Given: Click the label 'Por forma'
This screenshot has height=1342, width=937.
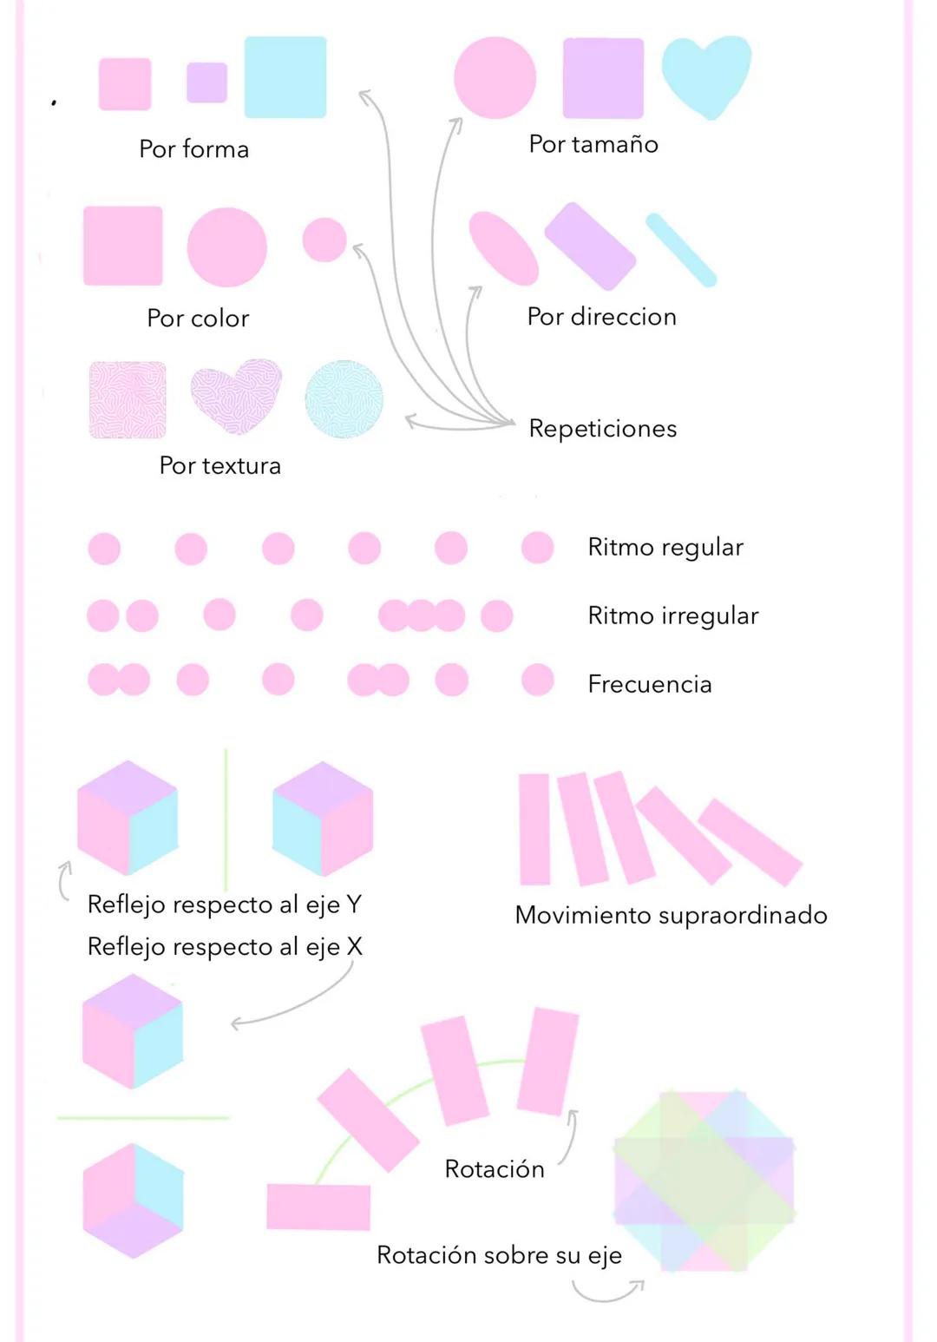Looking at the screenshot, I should [194, 149].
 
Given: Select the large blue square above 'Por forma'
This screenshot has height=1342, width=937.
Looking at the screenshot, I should [285, 77].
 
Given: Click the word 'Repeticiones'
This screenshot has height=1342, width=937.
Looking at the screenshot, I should [603, 429].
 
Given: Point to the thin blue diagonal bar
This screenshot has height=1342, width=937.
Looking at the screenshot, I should [681, 250].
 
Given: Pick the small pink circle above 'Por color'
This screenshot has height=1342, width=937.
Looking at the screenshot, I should [324, 240].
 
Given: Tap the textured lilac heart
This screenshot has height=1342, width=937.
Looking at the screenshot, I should [236, 396].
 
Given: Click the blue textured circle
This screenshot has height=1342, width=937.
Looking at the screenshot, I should [344, 399].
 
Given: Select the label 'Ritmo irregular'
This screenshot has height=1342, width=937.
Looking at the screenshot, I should [673, 616].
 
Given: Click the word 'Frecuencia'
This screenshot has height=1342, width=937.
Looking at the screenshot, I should [650, 684].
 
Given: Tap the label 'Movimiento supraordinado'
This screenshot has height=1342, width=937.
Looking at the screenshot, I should [671, 915].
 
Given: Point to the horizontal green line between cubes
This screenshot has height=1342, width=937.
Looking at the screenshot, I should [144, 1118].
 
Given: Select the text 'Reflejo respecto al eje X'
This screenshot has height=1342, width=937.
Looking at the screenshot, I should [225, 946].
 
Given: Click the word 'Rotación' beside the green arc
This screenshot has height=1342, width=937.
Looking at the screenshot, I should [495, 1169].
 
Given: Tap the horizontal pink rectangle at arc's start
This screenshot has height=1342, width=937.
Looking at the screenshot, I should [318, 1207].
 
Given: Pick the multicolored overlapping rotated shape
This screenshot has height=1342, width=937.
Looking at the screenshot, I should [704, 1181].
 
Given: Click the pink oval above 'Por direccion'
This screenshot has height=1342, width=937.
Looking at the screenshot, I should [503, 248].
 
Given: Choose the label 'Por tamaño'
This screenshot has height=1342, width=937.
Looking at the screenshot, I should [593, 144].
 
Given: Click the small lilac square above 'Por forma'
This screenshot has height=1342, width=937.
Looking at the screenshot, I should [206, 82].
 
